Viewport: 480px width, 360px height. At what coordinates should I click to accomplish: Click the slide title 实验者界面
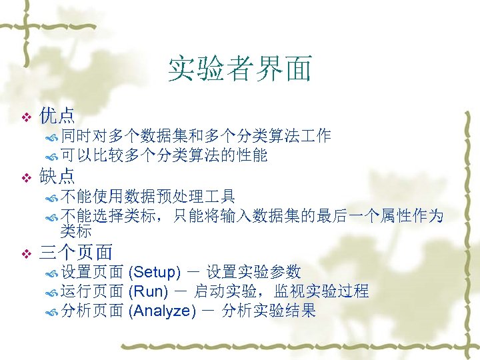tap(239, 69)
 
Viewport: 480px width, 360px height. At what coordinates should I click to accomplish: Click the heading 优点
tap(57, 116)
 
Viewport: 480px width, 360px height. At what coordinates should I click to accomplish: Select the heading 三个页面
tap(76, 252)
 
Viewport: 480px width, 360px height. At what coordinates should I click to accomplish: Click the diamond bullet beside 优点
tap(27, 117)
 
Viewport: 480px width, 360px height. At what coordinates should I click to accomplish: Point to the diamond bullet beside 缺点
tap(27, 177)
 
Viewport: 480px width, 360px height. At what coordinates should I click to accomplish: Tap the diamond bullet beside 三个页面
tap(27, 253)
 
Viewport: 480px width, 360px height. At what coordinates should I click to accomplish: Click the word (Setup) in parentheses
tap(154, 272)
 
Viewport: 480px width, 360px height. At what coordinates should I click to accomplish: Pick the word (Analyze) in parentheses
tap(163, 311)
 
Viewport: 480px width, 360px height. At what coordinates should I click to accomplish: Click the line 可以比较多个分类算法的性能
tap(163, 156)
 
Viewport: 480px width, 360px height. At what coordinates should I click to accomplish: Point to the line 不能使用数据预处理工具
tap(147, 196)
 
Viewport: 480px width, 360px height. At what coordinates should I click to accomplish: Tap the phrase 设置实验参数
tap(254, 272)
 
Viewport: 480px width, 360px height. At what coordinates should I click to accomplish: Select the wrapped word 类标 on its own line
tap(75, 231)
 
